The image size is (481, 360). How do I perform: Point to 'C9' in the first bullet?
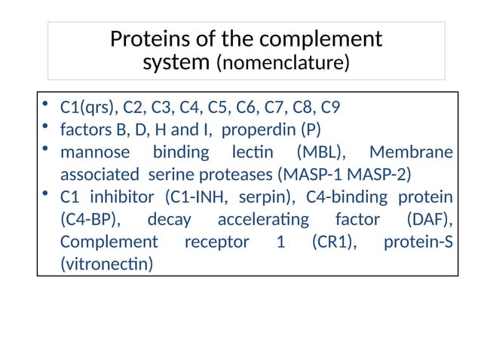pyautogui.click(x=340, y=107)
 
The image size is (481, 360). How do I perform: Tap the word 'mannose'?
pyautogui.click(x=95, y=152)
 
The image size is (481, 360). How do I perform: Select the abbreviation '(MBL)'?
pyautogui.click(x=320, y=152)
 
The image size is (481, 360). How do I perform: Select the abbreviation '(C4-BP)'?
pyautogui.click(x=90, y=220)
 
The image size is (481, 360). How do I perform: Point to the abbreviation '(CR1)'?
pyautogui.click(x=332, y=243)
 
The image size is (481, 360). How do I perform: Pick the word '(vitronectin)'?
pyautogui.click(x=106, y=265)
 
